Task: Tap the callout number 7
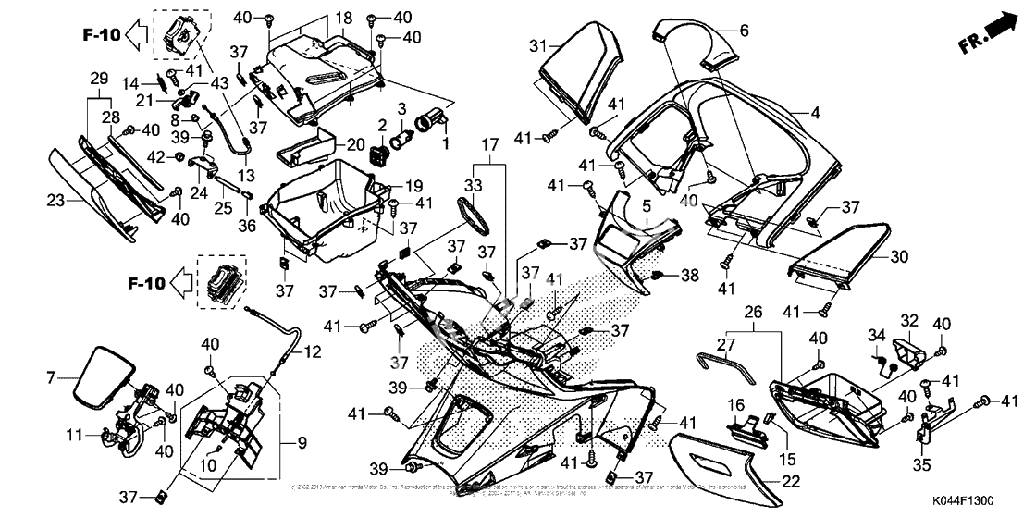coord(53,377)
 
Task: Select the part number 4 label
coord(815,114)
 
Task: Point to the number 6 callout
coord(745,31)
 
